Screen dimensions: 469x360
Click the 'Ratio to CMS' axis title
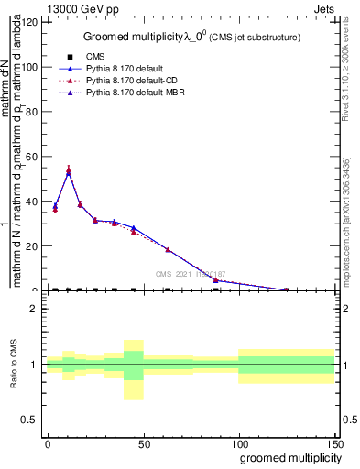13,365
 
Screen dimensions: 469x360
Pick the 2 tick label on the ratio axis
33,309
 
